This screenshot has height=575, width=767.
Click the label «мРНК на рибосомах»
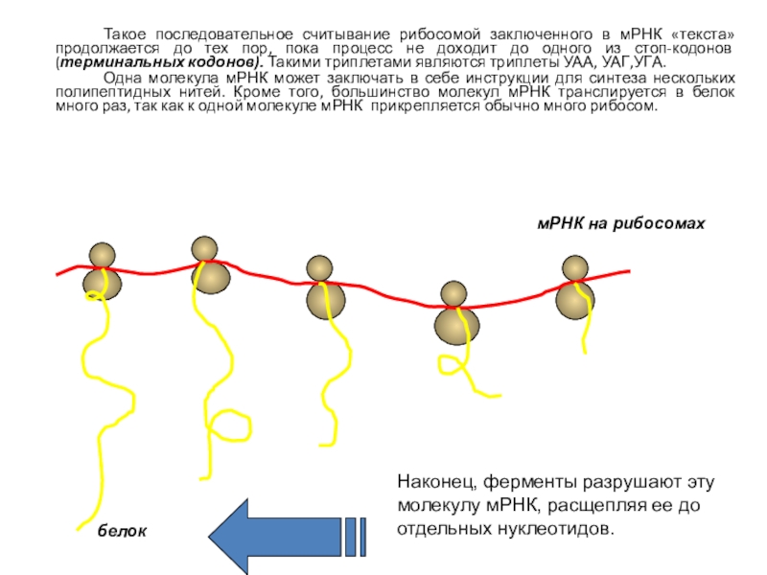[x=619, y=223]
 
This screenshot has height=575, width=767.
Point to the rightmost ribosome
[x=575, y=287]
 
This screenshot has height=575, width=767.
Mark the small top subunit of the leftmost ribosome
[x=102, y=255]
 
